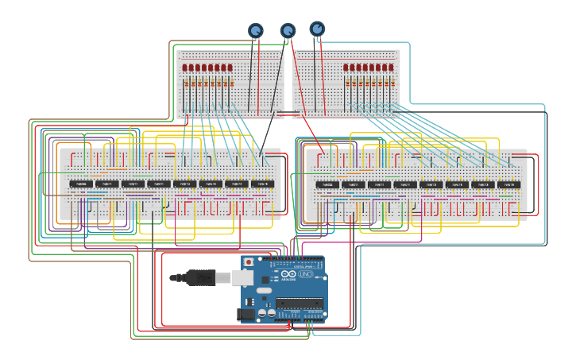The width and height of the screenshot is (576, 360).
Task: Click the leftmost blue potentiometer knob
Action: (256, 30)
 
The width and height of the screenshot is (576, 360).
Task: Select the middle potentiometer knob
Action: (288, 30)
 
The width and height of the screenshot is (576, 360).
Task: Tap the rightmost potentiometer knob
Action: (317, 29)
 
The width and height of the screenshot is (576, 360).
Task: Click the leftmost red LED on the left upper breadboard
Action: (185, 68)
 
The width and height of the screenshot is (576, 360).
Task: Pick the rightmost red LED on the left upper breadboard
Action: (230, 68)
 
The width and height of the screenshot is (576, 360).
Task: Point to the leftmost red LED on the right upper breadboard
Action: (346, 68)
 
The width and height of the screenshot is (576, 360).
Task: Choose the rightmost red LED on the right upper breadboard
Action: (392, 68)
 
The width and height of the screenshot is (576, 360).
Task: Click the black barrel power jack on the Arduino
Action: (248, 315)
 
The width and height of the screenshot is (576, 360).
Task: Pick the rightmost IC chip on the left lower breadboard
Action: (263, 184)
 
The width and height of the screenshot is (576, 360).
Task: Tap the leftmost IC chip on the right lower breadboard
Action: (327, 184)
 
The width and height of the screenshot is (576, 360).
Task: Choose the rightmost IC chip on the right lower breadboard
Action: (508, 184)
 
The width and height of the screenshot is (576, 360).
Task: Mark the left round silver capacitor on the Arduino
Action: (272, 314)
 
